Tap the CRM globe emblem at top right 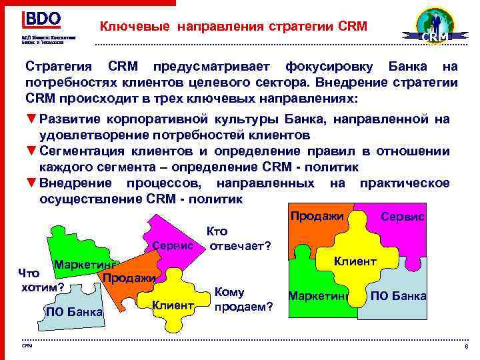433,27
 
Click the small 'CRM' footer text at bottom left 27,346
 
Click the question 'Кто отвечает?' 239,239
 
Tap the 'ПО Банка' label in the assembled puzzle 398,296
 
